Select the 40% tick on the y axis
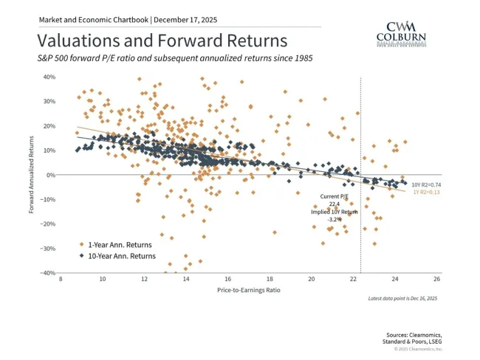point(50,77)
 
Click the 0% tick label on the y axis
point(52,175)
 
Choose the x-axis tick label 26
point(437,280)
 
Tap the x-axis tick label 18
point(270,280)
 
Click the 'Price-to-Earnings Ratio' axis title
point(249,290)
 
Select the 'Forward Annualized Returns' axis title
point(32,175)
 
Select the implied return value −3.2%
point(335,219)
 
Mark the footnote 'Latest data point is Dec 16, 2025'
point(403,298)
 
